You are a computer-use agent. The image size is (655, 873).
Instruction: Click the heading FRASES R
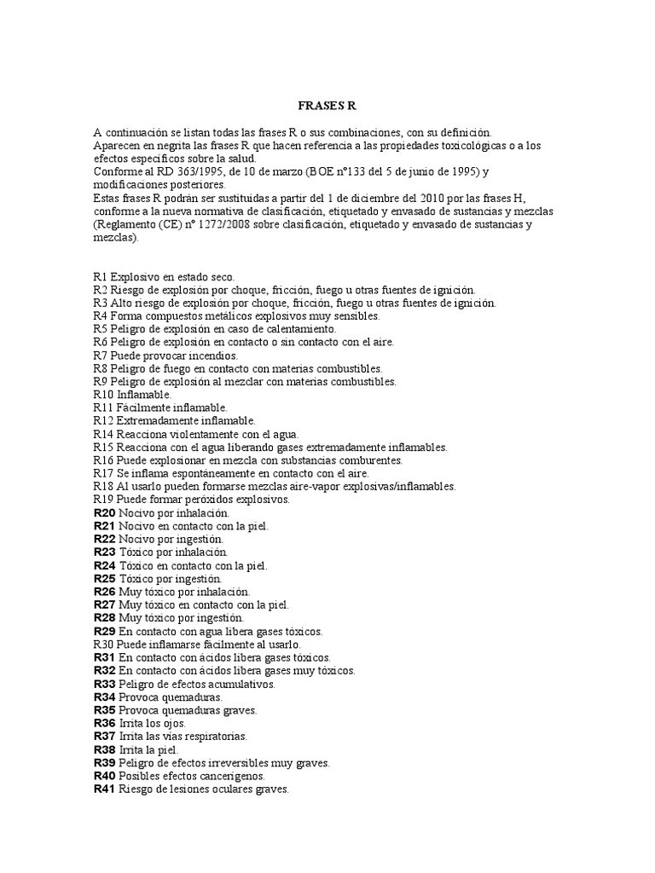[x=327, y=107]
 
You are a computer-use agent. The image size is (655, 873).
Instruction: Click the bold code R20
[x=104, y=513]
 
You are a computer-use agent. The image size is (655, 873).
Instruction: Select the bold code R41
[x=104, y=789]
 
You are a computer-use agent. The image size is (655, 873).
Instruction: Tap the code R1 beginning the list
[x=100, y=277]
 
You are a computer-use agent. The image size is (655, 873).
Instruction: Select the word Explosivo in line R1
[x=135, y=277]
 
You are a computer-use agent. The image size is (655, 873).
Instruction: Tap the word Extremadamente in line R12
[x=154, y=421]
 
